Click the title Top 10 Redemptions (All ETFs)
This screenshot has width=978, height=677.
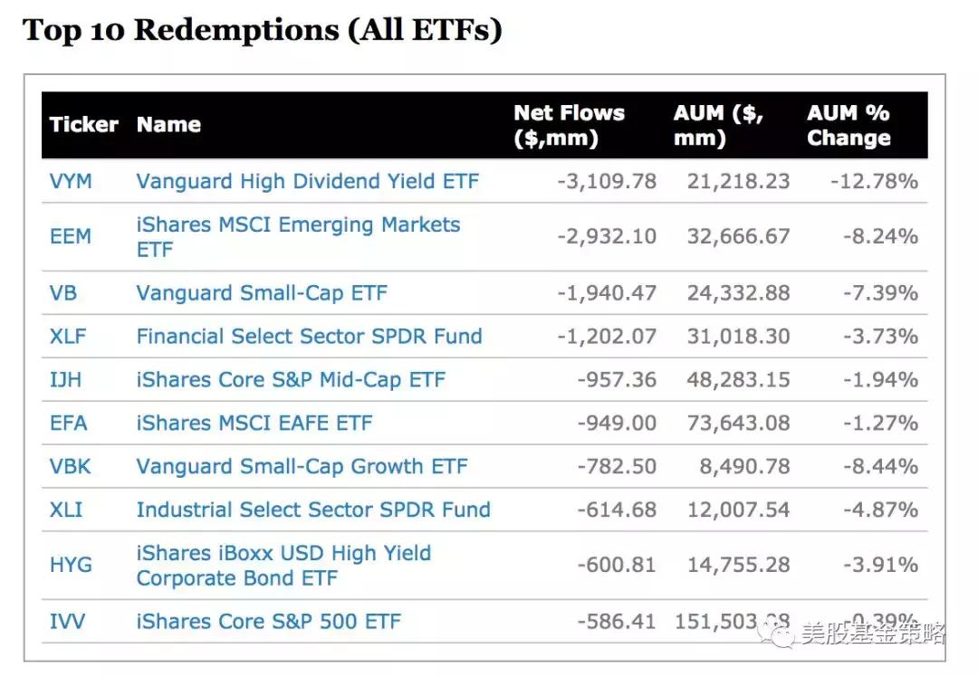coord(262,31)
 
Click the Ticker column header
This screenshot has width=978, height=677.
coord(83,125)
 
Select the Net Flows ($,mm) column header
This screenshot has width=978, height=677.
coord(569,126)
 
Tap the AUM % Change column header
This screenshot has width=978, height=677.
coord(849,126)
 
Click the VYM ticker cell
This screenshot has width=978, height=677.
coord(71,181)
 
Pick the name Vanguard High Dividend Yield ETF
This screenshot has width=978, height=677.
coord(308,181)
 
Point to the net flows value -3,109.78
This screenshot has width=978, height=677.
coord(607,181)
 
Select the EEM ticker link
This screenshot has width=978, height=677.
coord(71,236)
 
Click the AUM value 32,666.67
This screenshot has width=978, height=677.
coord(732,236)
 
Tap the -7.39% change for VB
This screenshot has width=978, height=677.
coord(874,293)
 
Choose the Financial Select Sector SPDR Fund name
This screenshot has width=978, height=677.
coord(309,337)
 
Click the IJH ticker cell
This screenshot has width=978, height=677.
coord(65,380)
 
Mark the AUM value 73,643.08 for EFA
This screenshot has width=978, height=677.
coord(732,423)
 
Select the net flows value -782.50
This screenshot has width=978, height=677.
coord(617,467)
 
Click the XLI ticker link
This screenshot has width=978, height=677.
coord(66,510)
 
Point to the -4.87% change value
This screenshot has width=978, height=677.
coord(874,510)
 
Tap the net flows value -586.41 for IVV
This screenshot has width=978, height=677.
coord(617,622)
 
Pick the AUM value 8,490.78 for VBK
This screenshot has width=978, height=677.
coord(743,467)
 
